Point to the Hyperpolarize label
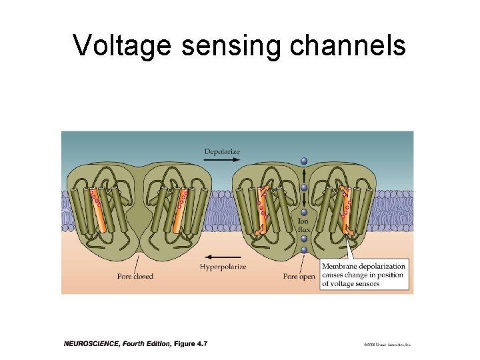pyautogui.click(x=223, y=267)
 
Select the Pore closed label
pyautogui.click(x=134, y=276)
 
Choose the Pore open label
pyautogui.click(x=299, y=276)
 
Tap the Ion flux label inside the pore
pyautogui.click(x=304, y=225)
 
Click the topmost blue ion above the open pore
pyautogui.click(x=304, y=161)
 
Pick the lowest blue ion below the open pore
pyautogui.click(x=304, y=251)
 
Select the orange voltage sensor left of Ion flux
pyautogui.click(x=262, y=209)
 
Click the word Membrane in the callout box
pyautogui.click(x=342, y=267)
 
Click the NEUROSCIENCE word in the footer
pyautogui.click(x=91, y=343)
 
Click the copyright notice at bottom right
pyautogui.click(x=387, y=345)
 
